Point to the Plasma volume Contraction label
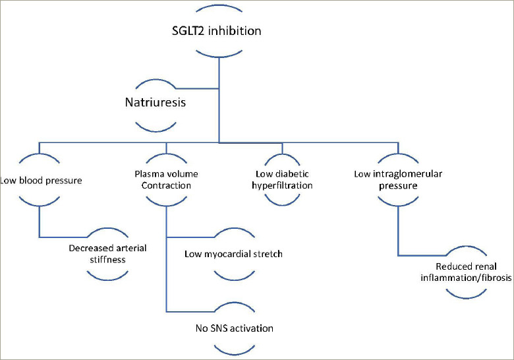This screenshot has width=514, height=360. click(x=167, y=180)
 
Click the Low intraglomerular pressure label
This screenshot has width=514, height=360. click(x=398, y=180)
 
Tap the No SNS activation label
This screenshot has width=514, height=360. click(x=234, y=328)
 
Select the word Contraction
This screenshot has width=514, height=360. click(x=167, y=186)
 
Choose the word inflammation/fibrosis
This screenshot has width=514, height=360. click(x=476, y=278)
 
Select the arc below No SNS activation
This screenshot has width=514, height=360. click(x=235, y=347)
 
